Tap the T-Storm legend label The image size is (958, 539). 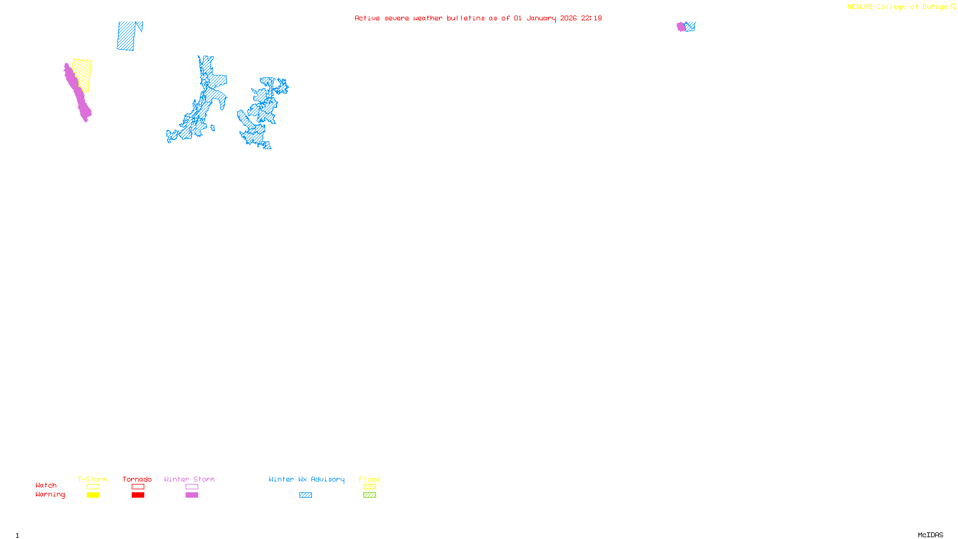[x=92, y=479]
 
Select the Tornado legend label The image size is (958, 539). [x=137, y=479]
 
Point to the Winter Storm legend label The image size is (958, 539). [x=189, y=479]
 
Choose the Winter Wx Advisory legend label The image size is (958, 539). [x=307, y=479]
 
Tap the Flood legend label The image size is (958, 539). [x=369, y=479]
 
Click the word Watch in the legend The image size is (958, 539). [x=46, y=485]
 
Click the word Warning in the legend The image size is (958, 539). [x=50, y=495]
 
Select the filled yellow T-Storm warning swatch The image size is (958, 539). [x=93, y=495]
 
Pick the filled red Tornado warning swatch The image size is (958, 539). [x=138, y=495]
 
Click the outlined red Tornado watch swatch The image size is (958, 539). [x=138, y=487]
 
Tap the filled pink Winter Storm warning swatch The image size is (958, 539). [x=192, y=495]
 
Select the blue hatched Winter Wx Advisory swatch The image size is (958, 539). [x=305, y=495]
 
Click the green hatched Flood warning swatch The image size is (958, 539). [x=369, y=495]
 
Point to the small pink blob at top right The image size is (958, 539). [x=681, y=26]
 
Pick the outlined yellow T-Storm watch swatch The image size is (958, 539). [x=93, y=487]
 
